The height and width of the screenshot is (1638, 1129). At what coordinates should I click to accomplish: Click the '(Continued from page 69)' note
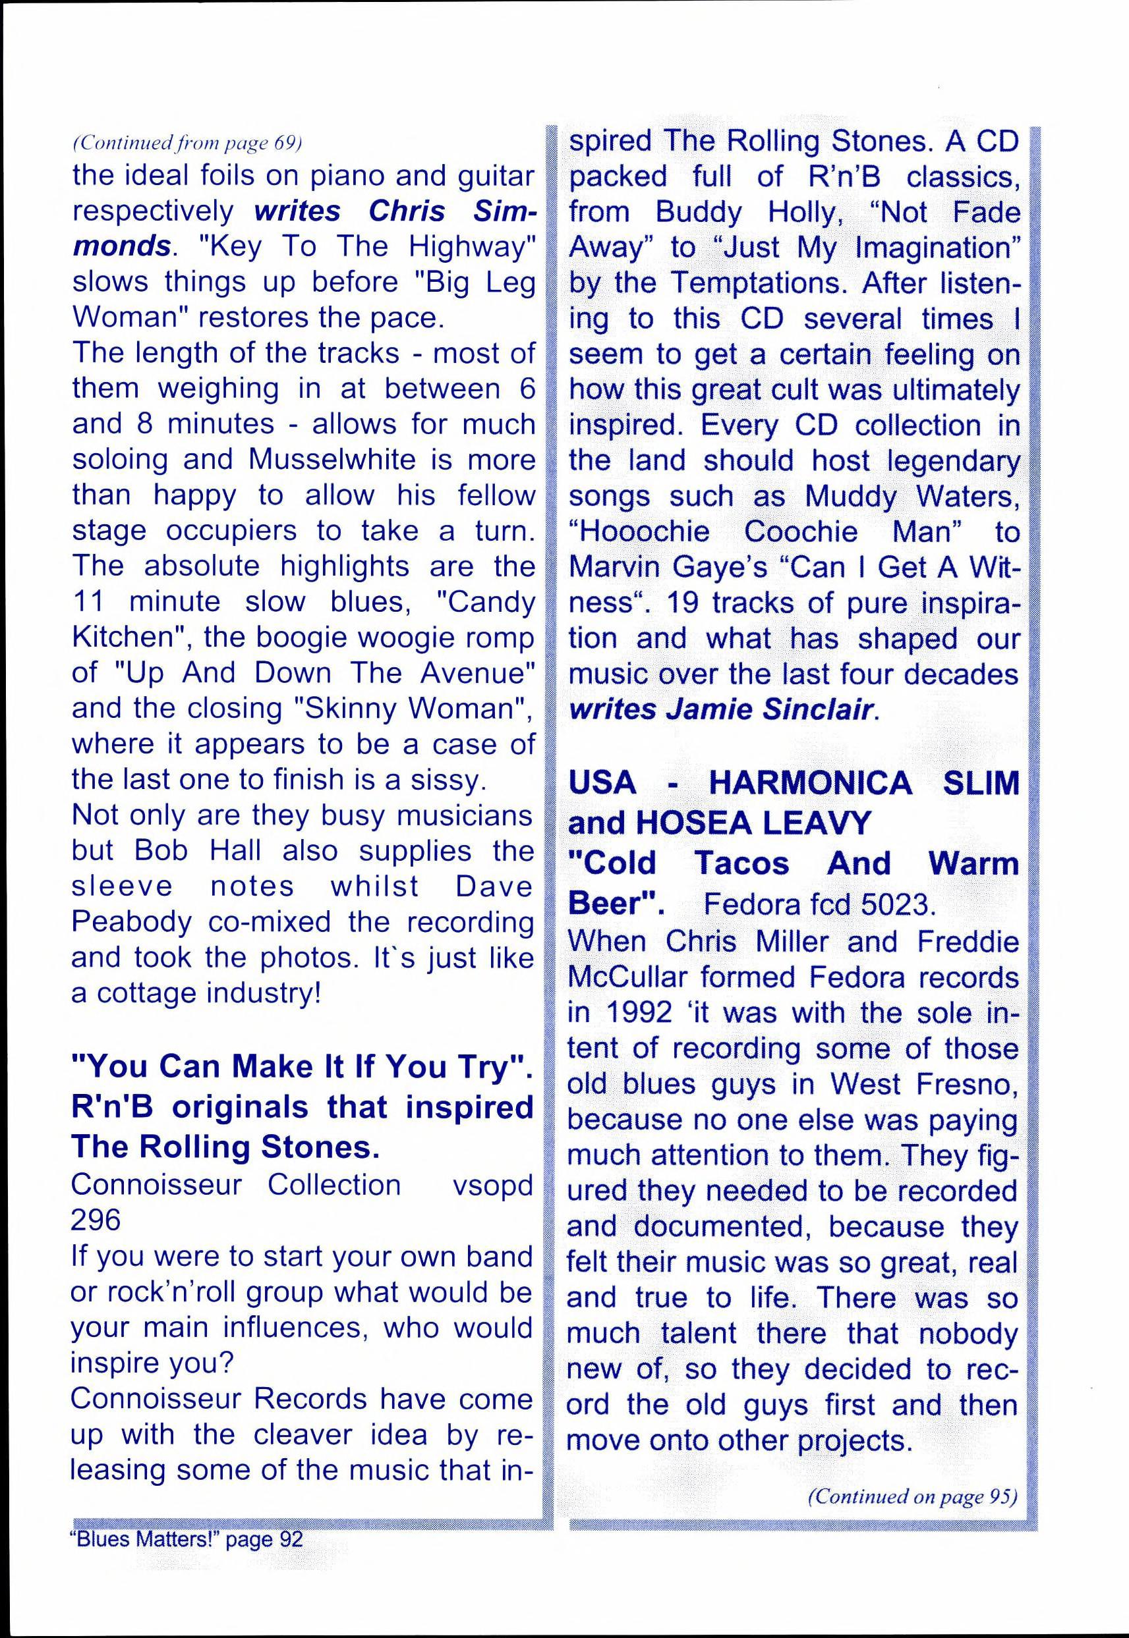(x=187, y=144)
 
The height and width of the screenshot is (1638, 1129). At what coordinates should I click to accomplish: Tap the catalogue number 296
(x=96, y=1220)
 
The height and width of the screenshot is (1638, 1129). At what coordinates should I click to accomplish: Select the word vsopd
(x=492, y=1185)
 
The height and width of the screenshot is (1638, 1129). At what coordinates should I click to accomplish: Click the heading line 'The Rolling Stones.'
(x=225, y=1147)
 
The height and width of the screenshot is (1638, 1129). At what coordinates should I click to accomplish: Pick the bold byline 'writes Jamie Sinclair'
(x=721, y=710)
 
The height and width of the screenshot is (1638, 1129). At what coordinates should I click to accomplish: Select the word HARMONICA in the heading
(x=810, y=783)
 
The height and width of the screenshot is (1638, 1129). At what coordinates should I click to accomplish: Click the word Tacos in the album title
(x=741, y=864)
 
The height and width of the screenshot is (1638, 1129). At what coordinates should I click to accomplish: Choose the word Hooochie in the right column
(x=639, y=532)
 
